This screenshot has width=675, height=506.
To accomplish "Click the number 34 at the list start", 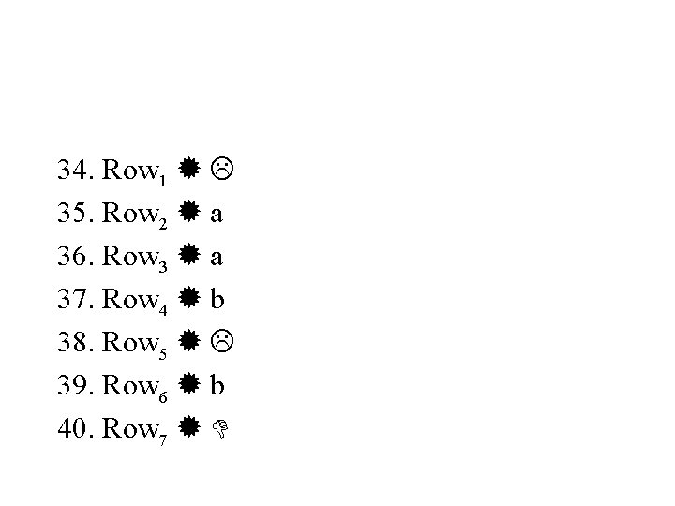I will coord(72,171).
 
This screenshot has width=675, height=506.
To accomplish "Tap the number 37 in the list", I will coord(72,300).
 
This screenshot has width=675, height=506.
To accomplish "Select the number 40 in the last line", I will coord(72,428).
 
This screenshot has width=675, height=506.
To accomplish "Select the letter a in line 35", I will coord(217,215).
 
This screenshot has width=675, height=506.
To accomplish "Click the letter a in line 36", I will coord(217,258).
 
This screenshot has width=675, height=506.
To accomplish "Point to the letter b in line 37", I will coord(217,299).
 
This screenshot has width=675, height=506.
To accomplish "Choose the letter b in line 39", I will coord(217,385).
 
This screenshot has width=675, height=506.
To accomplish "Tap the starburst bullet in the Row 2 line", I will coord(187,214).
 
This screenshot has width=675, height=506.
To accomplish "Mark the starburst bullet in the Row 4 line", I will coord(187,300).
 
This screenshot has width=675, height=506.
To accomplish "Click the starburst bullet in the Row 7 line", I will coord(187,428).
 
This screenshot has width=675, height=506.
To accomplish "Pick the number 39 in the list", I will coord(72,386).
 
